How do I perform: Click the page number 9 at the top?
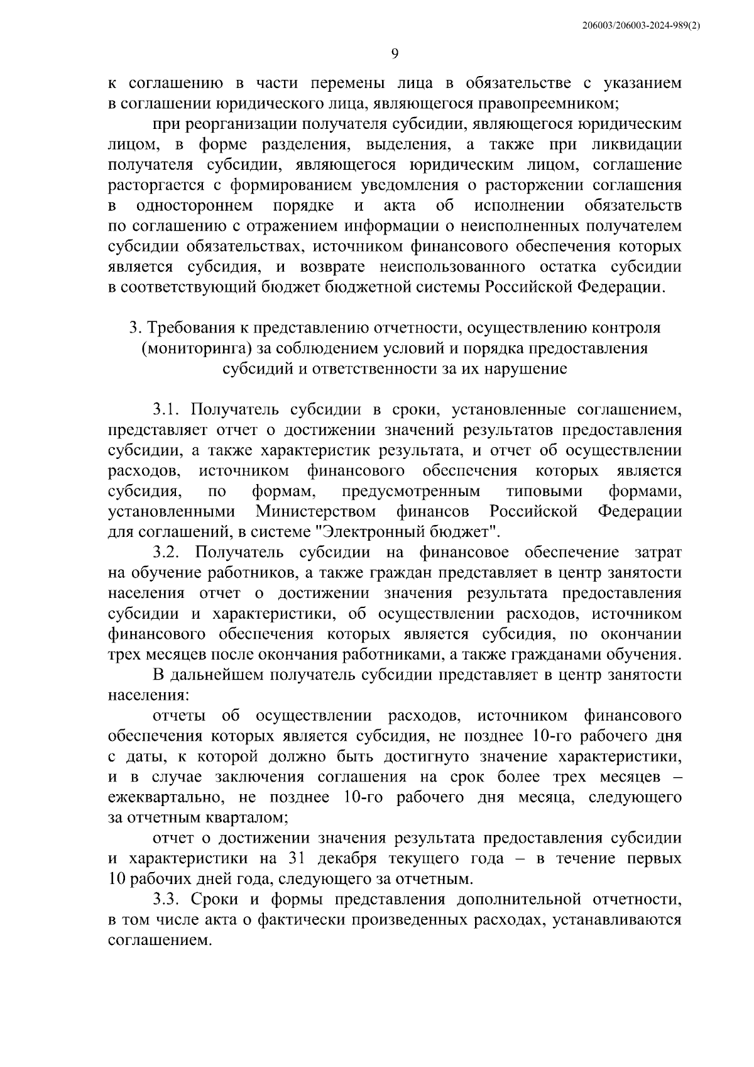click(x=395, y=54)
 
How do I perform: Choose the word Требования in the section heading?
click(x=191, y=328)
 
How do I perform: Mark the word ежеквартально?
click(x=165, y=798)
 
